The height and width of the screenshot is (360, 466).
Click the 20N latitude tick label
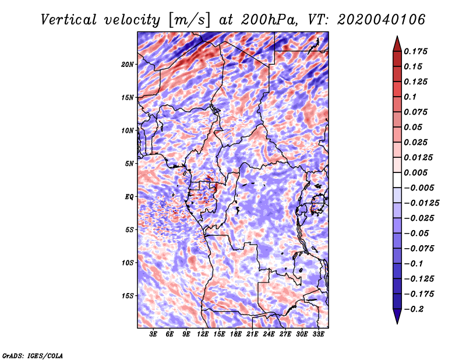tap(128, 65)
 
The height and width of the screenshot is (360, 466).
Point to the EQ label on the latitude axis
tap(129, 197)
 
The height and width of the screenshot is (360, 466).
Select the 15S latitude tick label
tap(128, 296)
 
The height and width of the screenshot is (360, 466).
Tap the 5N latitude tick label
tap(129, 164)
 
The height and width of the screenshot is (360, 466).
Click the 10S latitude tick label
tap(128, 263)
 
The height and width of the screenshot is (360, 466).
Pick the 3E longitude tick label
tap(153, 334)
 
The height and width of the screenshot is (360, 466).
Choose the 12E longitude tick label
tap(203, 334)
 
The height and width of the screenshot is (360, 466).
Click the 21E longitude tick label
tap(252, 334)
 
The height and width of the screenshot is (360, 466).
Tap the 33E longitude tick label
tap(318, 334)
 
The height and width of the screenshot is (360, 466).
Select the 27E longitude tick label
tap(285, 334)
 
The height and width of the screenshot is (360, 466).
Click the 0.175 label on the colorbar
tap(415, 51)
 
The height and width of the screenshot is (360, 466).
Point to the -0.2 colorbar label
tap(414, 309)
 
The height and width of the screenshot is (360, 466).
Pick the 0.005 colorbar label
tap(415, 172)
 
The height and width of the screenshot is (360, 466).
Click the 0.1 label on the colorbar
tap(410, 97)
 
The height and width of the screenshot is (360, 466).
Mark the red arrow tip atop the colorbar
tap(397, 36)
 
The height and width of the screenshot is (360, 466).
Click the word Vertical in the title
tap(68, 20)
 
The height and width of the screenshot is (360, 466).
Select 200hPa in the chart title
tap(269, 20)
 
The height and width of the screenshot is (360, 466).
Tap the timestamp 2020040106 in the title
tap(382, 20)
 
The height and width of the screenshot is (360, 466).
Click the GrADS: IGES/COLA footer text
tap(33, 355)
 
